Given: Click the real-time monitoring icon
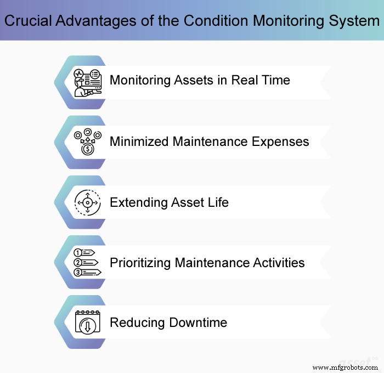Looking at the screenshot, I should [x=87, y=82].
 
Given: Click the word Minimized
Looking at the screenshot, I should [x=139, y=142].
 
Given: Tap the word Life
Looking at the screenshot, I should [x=217, y=202].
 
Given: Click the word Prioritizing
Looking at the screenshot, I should [x=140, y=262].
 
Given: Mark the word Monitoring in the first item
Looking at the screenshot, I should [x=140, y=80].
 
